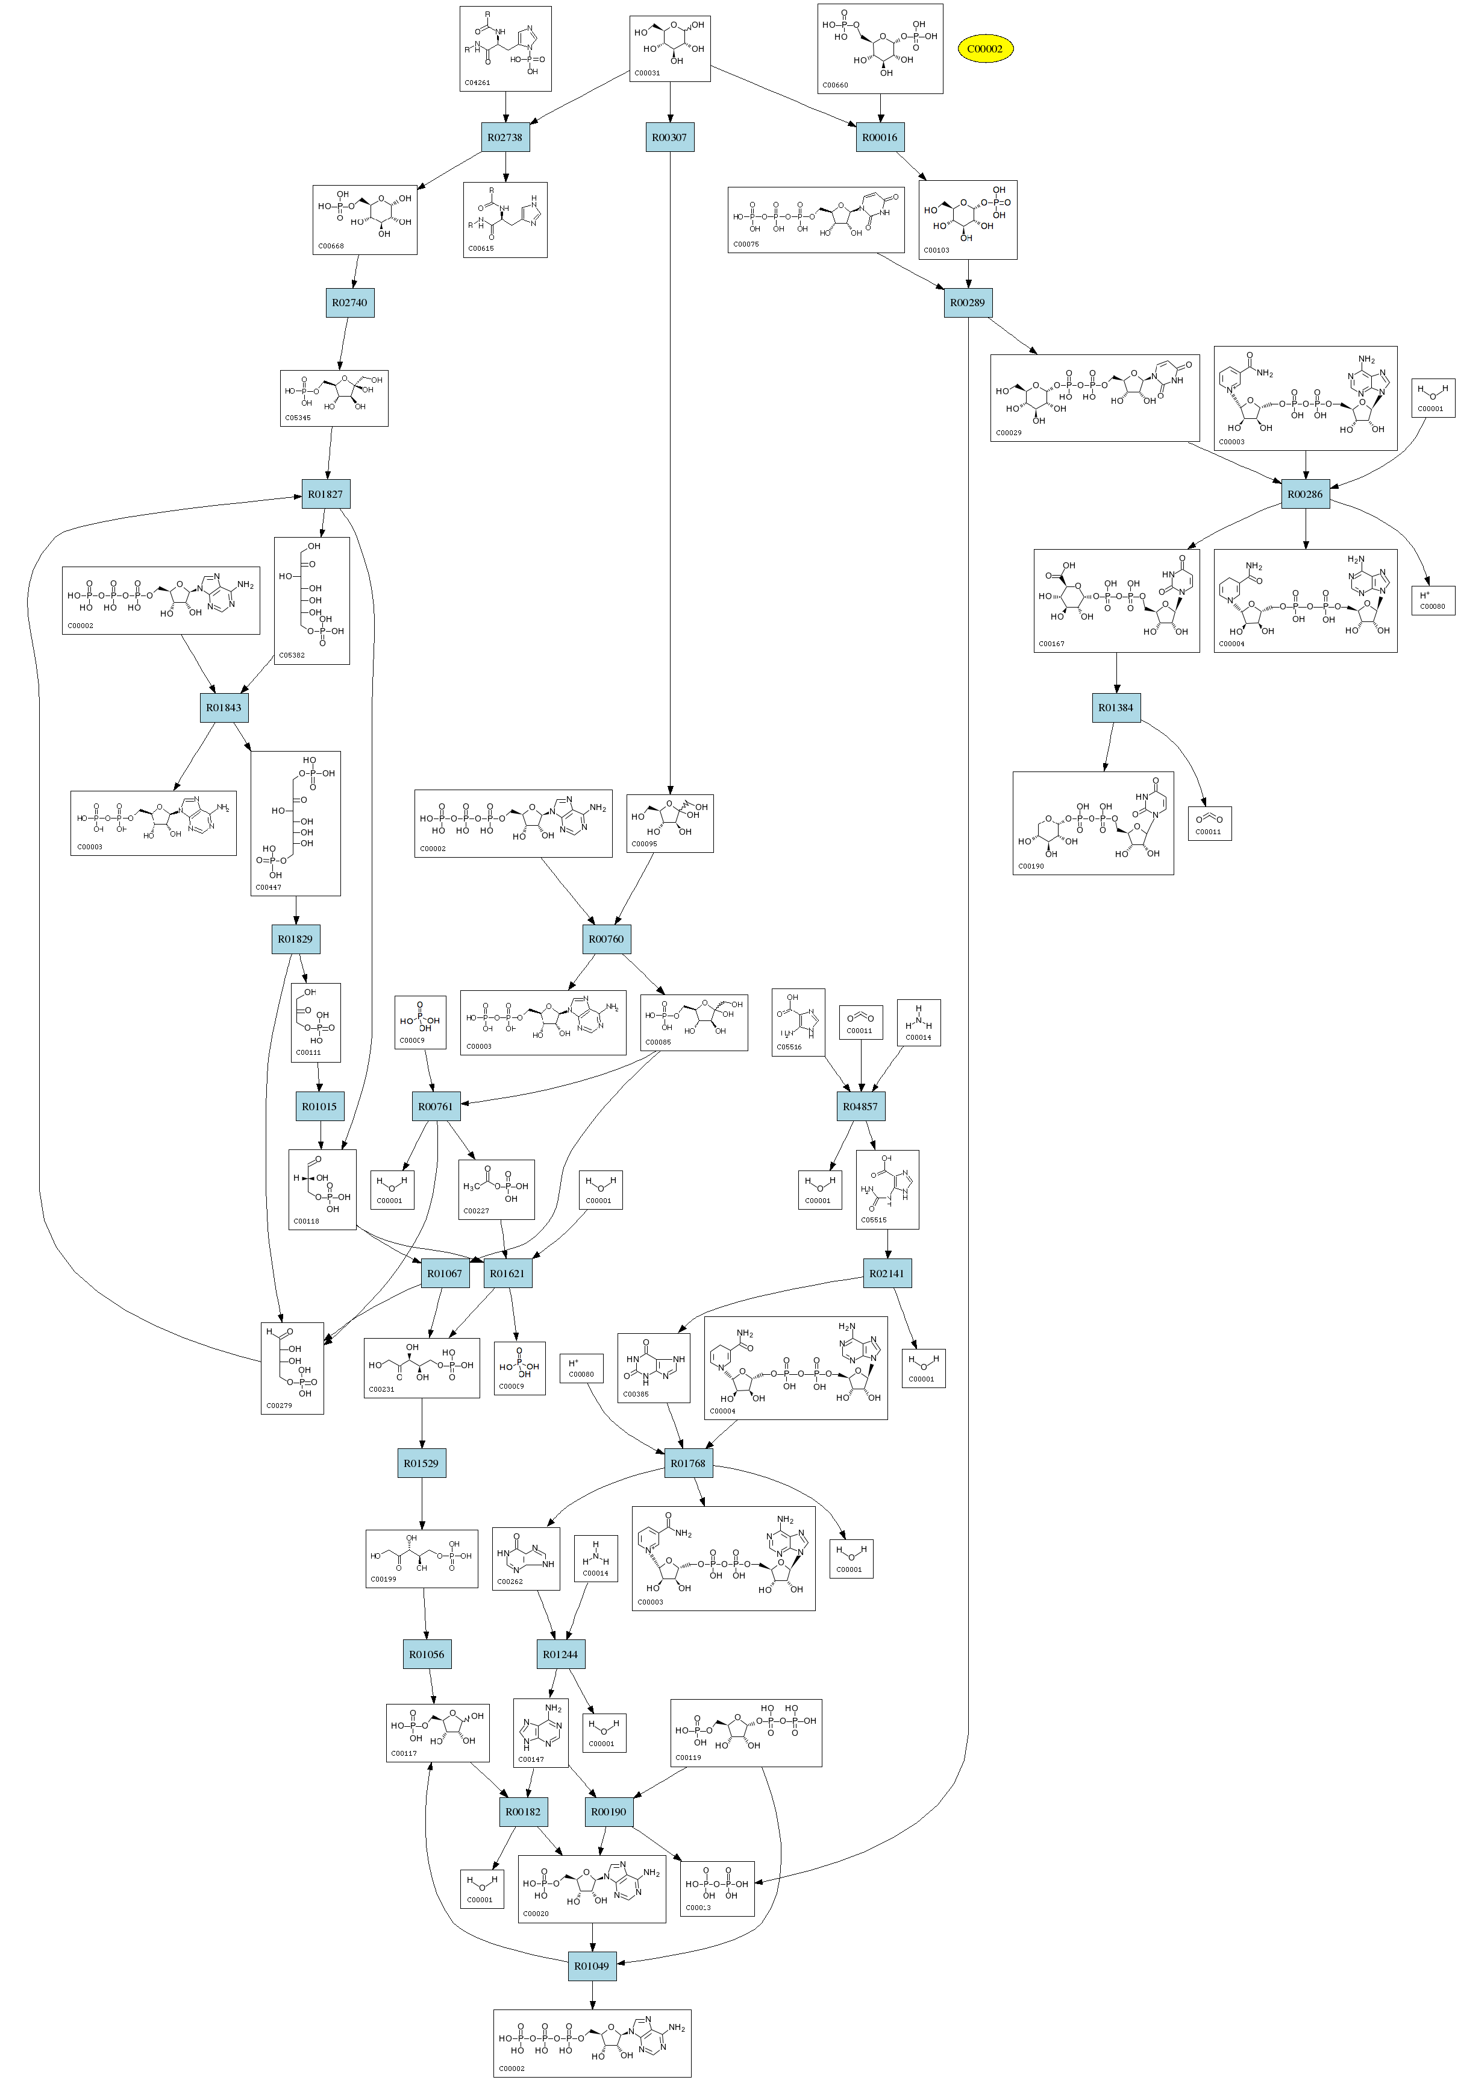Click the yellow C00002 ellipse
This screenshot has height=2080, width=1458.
984,49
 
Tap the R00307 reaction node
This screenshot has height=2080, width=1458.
669,137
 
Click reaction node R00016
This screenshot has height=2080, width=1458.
880,137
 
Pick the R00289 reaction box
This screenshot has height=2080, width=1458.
967,303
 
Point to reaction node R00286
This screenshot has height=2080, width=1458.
1305,495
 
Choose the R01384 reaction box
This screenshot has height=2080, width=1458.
1116,708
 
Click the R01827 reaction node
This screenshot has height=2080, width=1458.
325,495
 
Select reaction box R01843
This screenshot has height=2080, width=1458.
224,708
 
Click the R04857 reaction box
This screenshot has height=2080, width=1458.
860,1106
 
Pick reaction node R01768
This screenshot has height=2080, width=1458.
688,1463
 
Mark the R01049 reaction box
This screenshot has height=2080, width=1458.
592,1966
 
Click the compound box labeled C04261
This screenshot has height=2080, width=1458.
505,49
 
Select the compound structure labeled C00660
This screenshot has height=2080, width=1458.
880,49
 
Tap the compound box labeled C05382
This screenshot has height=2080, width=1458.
311,601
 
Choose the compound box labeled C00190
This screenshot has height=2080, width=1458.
1093,823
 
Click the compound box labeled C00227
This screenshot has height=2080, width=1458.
496,1190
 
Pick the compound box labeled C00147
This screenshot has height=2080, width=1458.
540,1733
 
